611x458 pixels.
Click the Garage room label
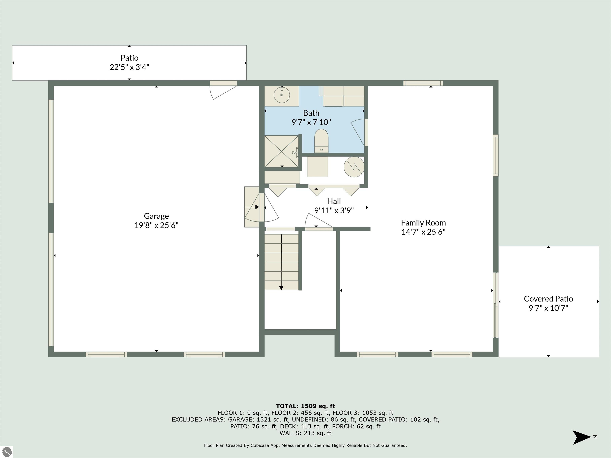pos(156,216)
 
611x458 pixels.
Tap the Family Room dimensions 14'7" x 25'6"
pos(423,232)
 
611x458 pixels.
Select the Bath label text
pos(311,113)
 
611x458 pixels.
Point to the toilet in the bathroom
pos(321,141)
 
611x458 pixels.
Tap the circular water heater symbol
pos(354,167)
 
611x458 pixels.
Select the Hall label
pos(334,201)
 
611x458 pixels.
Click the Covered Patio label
pos(548,299)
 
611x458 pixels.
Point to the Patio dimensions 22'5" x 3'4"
pos(129,67)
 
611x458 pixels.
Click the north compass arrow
pos(581,437)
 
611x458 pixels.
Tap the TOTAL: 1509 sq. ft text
pos(305,406)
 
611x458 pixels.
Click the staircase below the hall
pos(281,262)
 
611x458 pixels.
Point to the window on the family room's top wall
pos(423,83)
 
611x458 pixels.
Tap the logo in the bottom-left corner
pos(6,452)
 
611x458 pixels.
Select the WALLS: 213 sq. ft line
pos(305,433)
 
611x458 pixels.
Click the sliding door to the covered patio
pos(496,305)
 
